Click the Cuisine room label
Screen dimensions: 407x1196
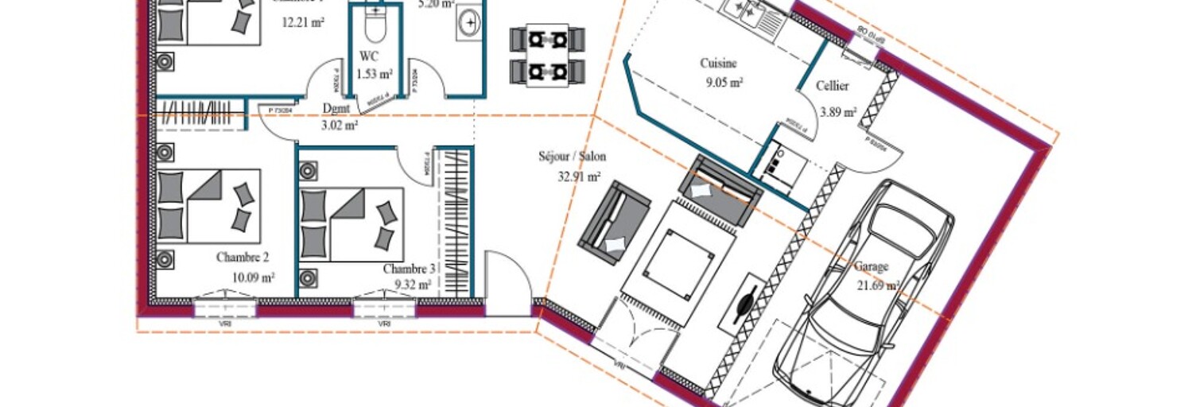(x=718, y=64)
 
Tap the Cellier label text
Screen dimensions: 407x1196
(x=832, y=87)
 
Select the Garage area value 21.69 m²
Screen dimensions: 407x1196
(x=878, y=285)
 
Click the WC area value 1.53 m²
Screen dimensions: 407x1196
(x=375, y=74)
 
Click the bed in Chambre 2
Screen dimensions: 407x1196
(x=208, y=206)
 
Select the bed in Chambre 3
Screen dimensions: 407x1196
(x=351, y=224)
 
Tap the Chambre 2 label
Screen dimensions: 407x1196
(x=243, y=258)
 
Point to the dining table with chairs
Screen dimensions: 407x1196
(x=547, y=55)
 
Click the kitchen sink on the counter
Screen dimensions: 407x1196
(x=746, y=10)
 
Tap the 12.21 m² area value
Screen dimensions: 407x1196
(x=303, y=22)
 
